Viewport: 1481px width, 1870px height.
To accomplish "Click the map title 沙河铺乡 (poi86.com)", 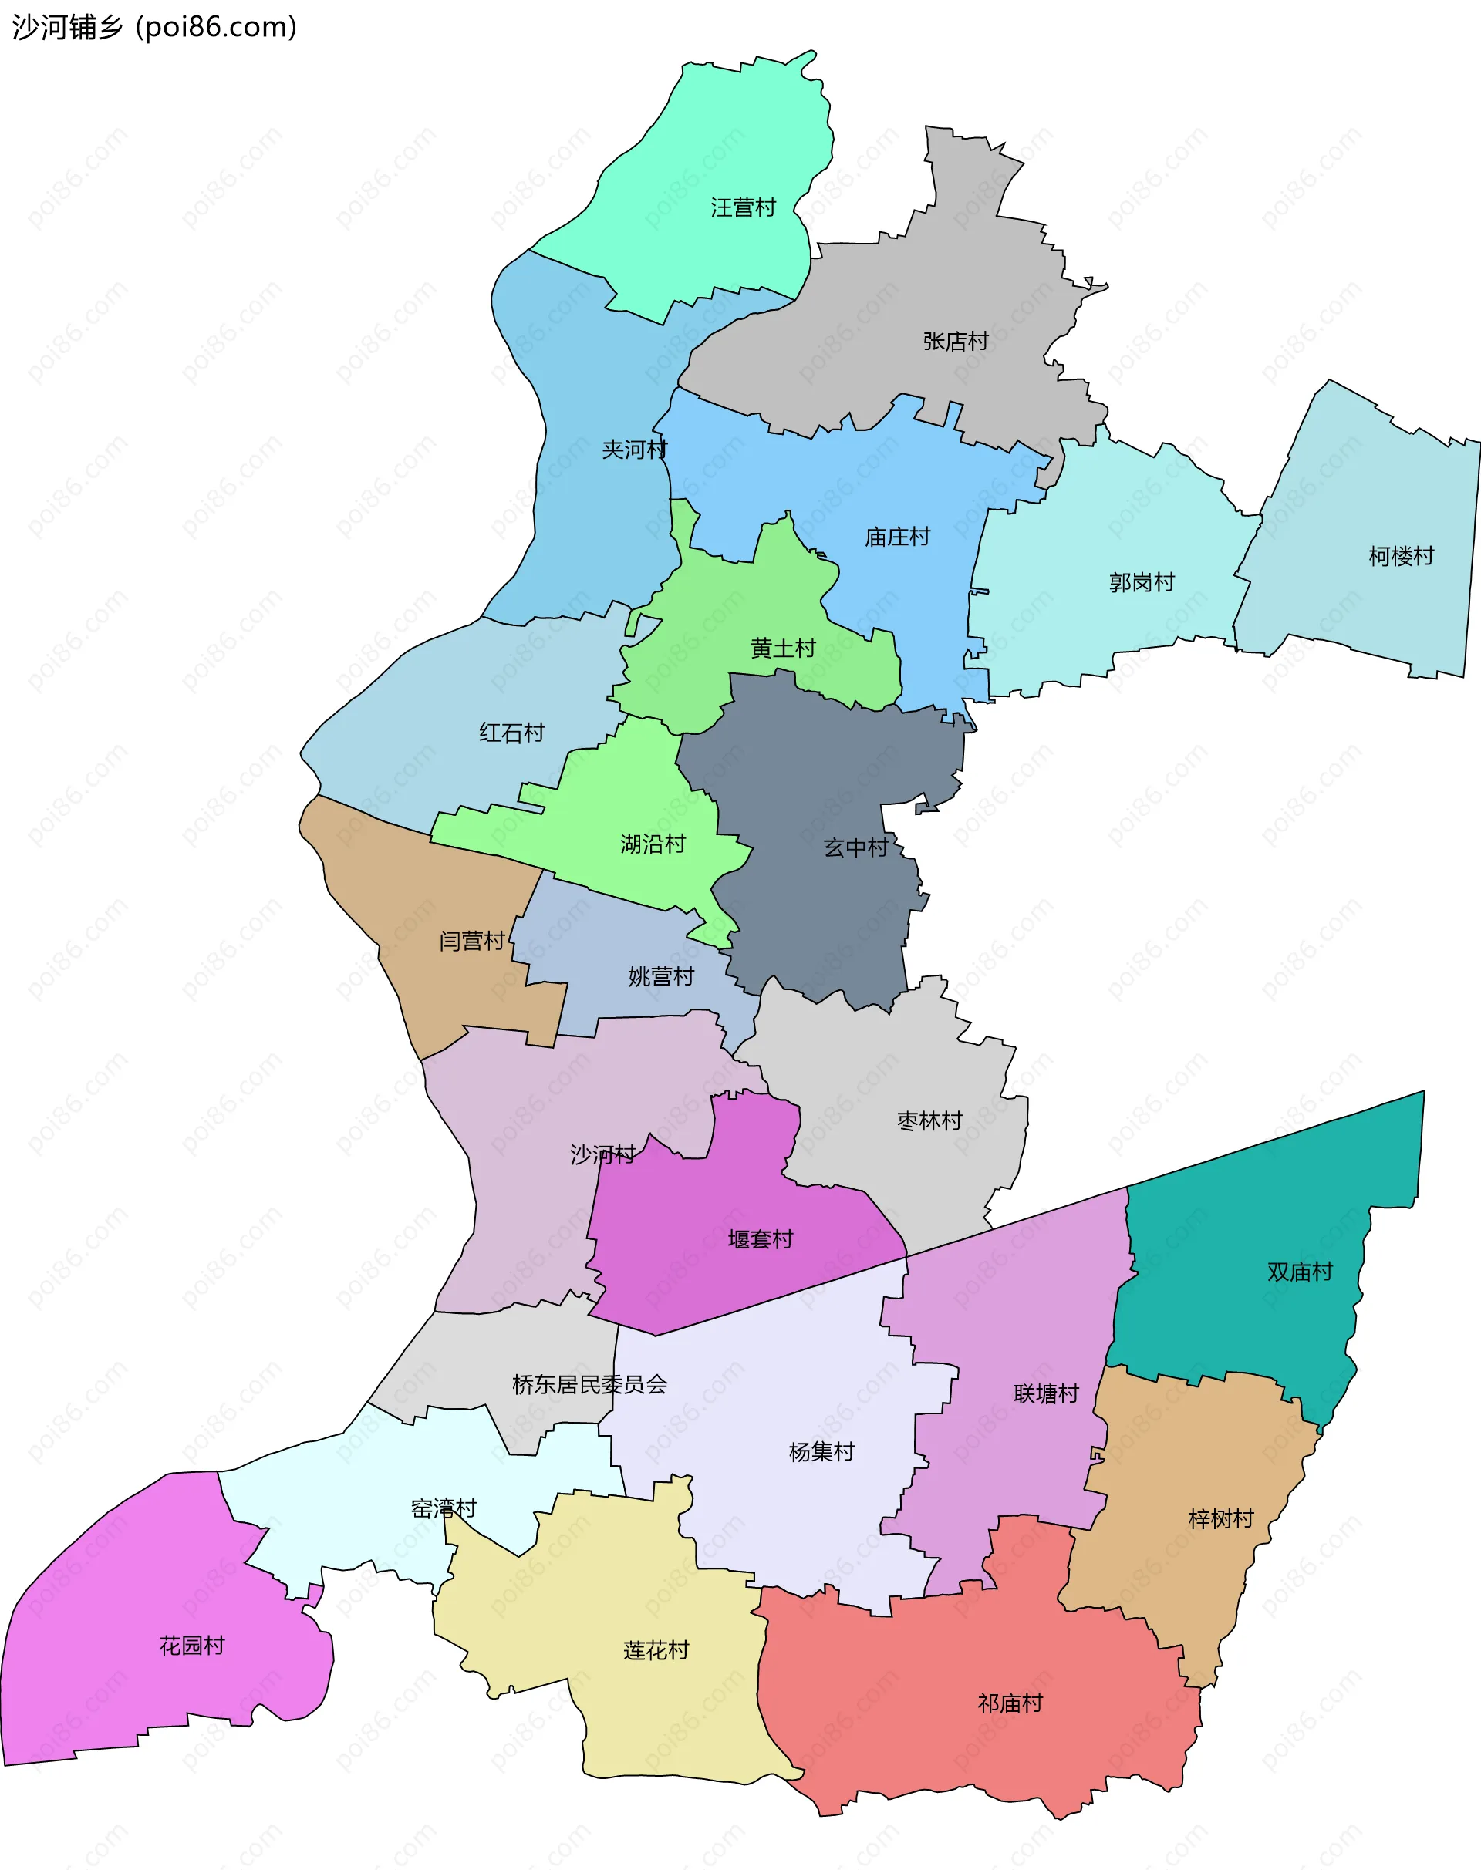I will pyautogui.click(x=154, y=27).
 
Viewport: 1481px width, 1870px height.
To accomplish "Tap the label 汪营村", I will pyautogui.click(x=743, y=208).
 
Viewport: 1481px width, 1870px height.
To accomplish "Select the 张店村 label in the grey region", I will pyautogui.click(x=956, y=342).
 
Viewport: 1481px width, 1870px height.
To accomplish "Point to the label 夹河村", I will pyautogui.click(x=635, y=450).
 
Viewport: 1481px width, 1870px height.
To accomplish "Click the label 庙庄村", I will pyautogui.click(x=897, y=537).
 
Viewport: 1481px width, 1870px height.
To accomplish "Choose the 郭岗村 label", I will pyautogui.click(x=1142, y=582).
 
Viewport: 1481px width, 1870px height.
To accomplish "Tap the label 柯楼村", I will pyautogui.click(x=1402, y=556).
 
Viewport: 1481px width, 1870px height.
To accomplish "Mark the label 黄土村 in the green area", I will pyautogui.click(x=783, y=649).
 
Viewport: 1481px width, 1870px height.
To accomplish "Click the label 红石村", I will pyautogui.click(x=511, y=733).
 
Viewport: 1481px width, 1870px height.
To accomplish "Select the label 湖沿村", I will pyautogui.click(x=653, y=844).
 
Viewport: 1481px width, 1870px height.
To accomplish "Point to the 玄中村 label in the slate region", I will pyautogui.click(x=856, y=848).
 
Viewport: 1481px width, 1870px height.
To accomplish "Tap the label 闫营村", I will pyautogui.click(x=472, y=942).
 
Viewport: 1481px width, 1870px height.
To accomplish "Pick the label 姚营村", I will pyautogui.click(x=662, y=977).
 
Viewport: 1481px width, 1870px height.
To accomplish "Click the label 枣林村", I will pyautogui.click(x=929, y=1121).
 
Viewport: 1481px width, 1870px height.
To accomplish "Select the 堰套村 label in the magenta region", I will pyautogui.click(x=761, y=1240).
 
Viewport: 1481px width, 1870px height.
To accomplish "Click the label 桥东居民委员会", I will pyautogui.click(x=589, y=1384).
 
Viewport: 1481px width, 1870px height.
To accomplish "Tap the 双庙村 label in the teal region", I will pyautogui.click(x=1300, y=1272).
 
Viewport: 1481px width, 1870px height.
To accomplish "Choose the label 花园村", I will pyautogui.click(x=193, y=1646).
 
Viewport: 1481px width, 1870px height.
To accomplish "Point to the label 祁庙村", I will pyautogui.click(x=1010, y=1703).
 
